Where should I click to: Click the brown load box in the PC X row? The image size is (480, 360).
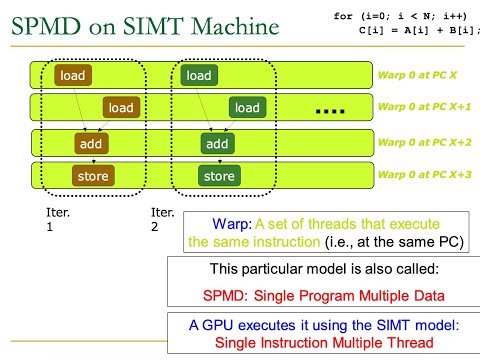pyautogui.click(x=73, y=76)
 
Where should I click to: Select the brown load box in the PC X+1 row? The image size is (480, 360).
pyautogui.click(x=121, y=107)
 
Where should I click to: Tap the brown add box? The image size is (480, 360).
pyautogui.click(x=93, y=144)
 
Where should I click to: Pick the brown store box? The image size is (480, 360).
pyautogui.click(x=93, y=177)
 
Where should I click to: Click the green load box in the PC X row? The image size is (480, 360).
pyautogui.click(x=199, y=76)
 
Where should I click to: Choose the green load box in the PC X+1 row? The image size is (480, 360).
pyautogui.click(x=247, y=107)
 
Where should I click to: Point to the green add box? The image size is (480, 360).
pyautogui.click(x=218, y=144)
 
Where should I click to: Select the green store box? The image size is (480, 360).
pyautogui.click(x=218, y=177)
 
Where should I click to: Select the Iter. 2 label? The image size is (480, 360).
pyautogui.click(x=162, y=220)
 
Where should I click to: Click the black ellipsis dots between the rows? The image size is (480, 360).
pyautogui.click(x=329, y=109)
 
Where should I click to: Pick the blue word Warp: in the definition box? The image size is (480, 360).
pyautogui.click(x=236, y=224)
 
